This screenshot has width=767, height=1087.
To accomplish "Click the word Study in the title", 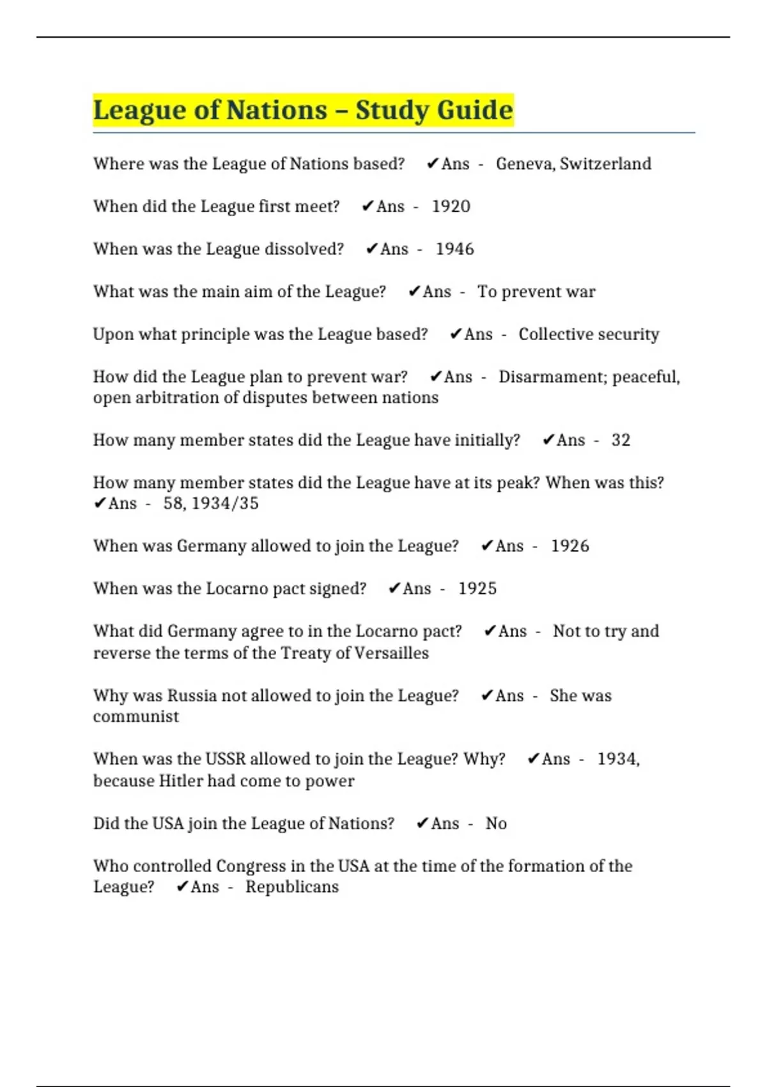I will (392, 110).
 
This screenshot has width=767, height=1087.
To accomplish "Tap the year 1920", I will (451, 207).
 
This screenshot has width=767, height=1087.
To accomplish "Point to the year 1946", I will (454, 249).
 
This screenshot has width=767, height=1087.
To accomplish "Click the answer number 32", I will (621, 440).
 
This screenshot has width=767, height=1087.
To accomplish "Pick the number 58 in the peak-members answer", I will (173, 503).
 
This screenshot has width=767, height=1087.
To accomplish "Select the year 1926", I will (569, 546).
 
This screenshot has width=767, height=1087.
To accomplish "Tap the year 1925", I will (477, 588).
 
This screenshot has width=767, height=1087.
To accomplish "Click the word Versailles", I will (391, 653).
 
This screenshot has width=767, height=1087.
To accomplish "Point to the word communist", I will (136, 716).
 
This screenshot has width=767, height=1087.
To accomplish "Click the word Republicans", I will (292, 887).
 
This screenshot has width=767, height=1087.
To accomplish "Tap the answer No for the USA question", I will (496, 824).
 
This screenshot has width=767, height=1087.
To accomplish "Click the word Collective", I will (555, 334).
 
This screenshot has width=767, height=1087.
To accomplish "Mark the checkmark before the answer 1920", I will (367, 207).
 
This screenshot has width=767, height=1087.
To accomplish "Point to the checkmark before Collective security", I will (455, 334).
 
